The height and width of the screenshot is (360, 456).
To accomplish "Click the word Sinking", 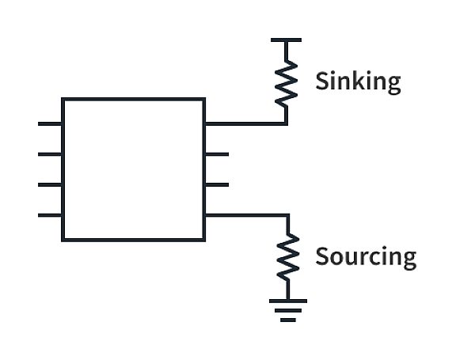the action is tap(358, 81).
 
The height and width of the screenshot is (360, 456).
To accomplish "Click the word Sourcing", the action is tap(366, 257).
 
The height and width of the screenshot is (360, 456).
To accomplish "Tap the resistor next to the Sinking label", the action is tap(286, 84).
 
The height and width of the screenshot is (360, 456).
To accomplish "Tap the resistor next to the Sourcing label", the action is tap(288, 257).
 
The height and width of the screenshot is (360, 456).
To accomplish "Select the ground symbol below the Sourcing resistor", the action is tap(288, 310).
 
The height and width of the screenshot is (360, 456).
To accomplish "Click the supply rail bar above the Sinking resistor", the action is tap(286, 40).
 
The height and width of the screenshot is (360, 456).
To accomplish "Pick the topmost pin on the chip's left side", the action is tap(50, 124).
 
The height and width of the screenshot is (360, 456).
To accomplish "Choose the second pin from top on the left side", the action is tap(50, 154).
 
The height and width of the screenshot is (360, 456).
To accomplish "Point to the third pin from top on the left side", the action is tap(50, 185).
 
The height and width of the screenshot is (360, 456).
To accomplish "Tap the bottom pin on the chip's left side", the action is tap(50, 215).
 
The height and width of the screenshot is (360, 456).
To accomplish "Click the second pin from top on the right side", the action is tap(217, 154).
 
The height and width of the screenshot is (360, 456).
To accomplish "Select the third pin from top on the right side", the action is tap(217, 185).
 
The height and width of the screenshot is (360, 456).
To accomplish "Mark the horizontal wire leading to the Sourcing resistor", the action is tap(248, 215).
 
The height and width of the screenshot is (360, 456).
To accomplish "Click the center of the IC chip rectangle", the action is tap(134, 169).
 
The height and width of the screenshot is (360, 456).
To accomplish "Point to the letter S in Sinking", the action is tap(322, 81).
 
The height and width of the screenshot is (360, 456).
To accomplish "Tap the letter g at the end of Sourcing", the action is tap(410, 260).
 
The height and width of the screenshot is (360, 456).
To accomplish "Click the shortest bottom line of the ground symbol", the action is tap(288, 320).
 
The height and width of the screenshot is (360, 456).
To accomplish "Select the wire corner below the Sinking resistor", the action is tap(286, 124).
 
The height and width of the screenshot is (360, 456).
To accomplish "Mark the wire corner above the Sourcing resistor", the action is tap(288, 215).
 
